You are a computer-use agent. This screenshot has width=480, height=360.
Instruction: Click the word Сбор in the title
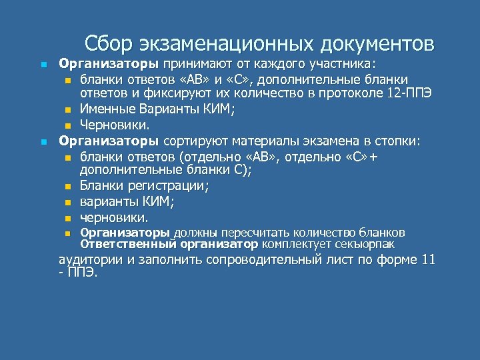click(109, 43)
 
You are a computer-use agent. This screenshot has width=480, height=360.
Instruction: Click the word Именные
click(104, 108)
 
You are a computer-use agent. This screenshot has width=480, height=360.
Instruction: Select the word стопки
click(397, 141)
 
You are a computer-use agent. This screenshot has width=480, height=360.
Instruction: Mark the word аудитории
click(89, 260)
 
